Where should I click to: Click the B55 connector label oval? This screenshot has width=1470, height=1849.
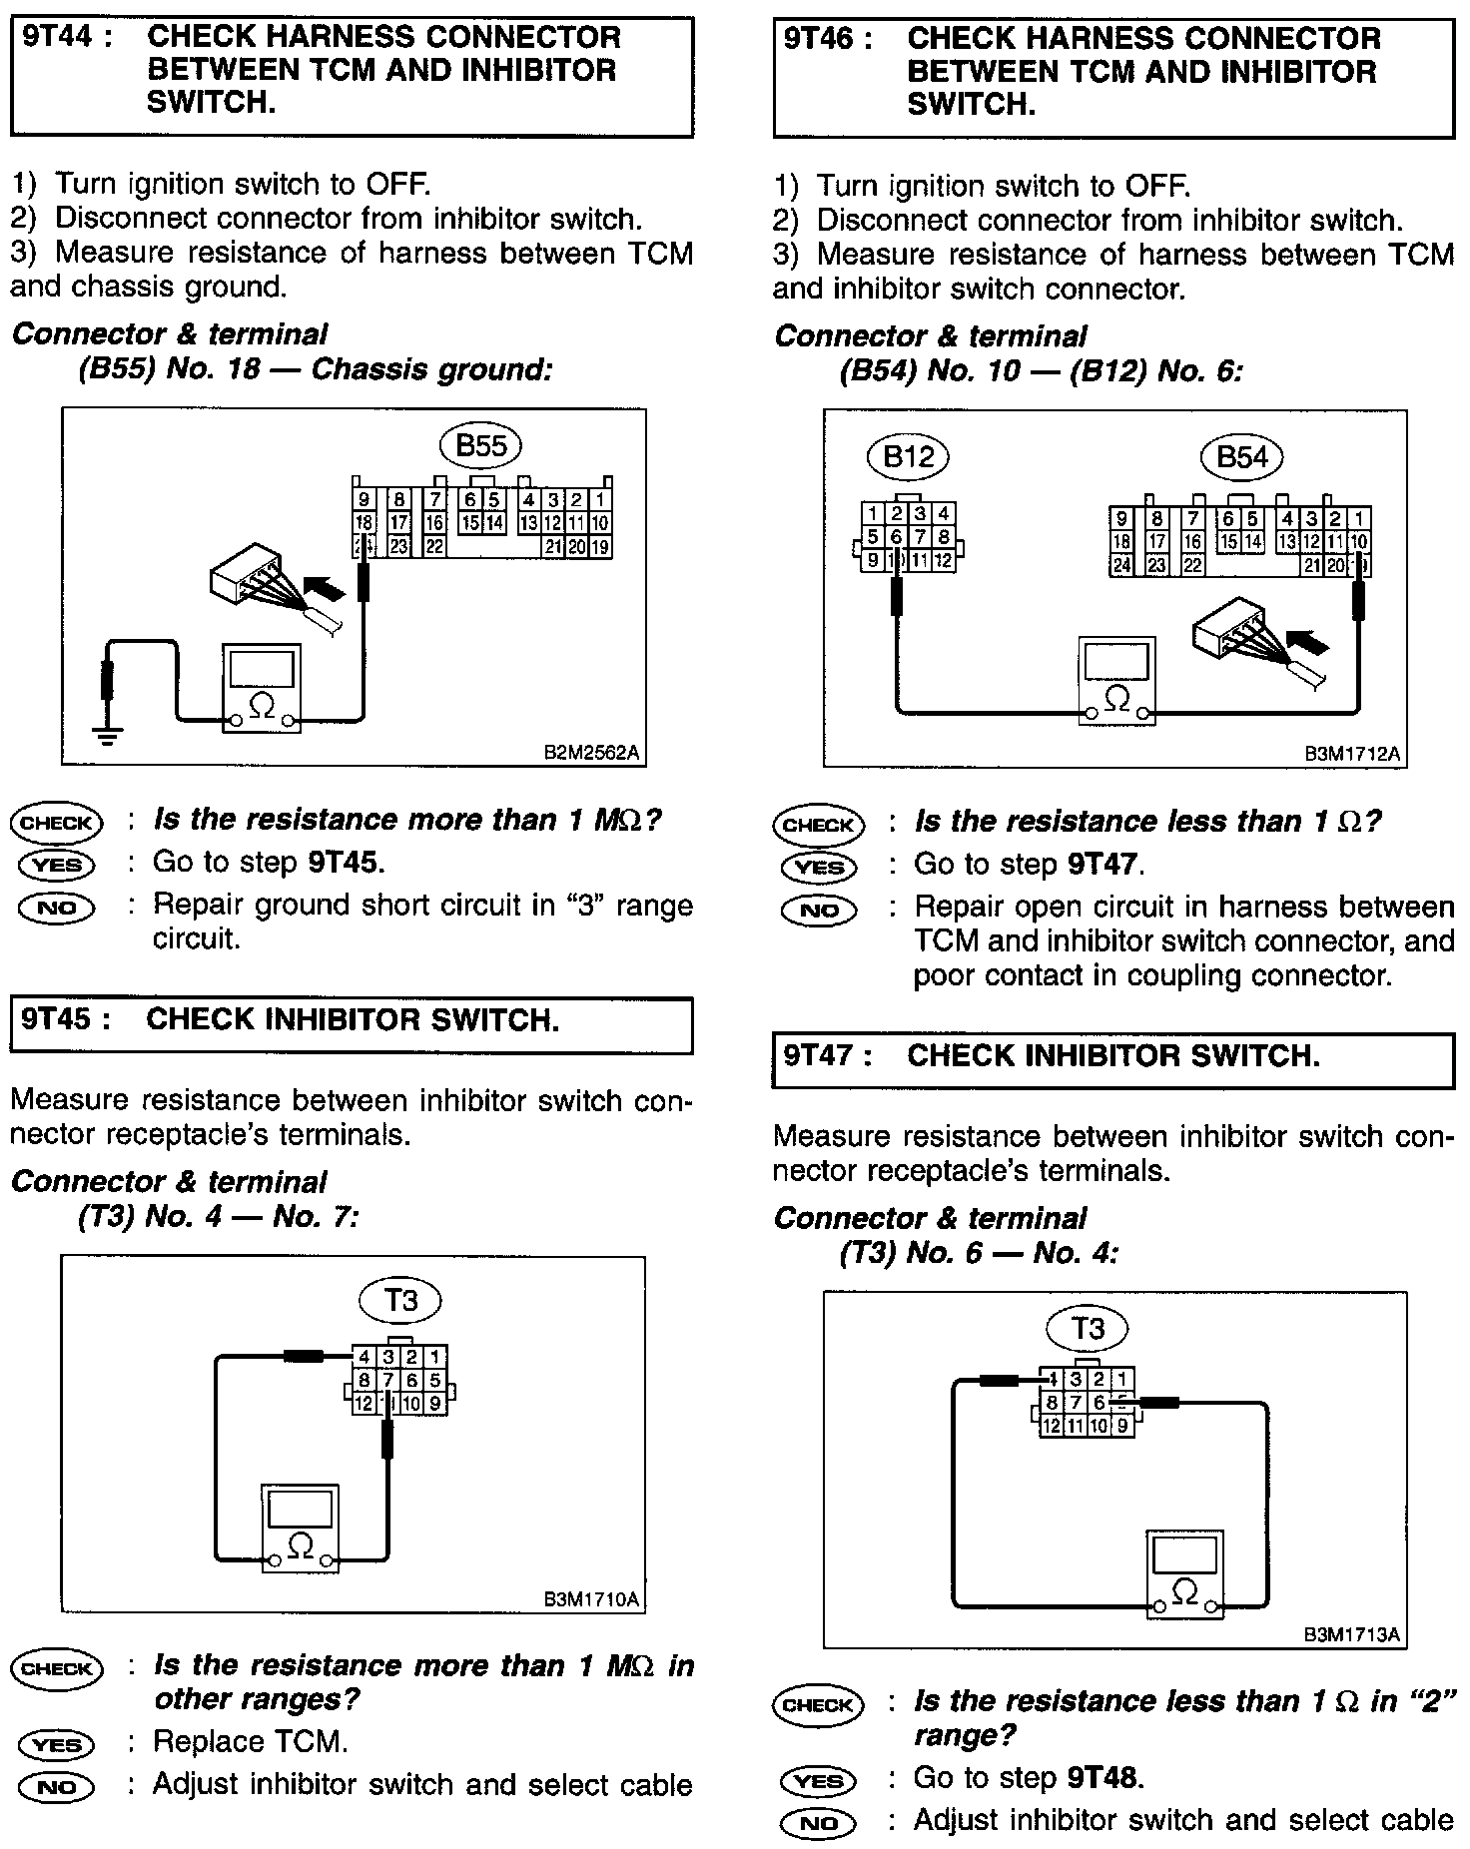(x=481, y=446)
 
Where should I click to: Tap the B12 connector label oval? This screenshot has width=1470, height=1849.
(x=908, y=457)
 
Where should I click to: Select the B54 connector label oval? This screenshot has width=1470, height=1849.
(x=1242, y=457)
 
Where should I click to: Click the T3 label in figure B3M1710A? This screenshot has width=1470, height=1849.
(x=400, y=1300)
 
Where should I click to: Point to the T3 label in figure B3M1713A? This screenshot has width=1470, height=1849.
(x=1088, y=1328)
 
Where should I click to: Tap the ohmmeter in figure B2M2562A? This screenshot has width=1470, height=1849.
(x=261, y=689)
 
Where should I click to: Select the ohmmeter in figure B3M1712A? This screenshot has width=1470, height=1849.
(x=1116, y=679)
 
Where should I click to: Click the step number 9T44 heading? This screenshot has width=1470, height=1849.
(x=57, y=38)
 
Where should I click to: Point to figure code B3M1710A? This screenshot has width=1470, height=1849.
(x=591, y=1598)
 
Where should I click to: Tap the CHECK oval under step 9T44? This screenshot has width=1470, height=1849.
(x=57, y=823)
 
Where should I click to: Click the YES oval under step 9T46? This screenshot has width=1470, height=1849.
(x=820, y=868)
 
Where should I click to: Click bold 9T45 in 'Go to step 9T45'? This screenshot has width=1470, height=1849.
(x=346, y=862)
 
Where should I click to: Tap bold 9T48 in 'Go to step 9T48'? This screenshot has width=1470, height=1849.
(x=1105, y=1777)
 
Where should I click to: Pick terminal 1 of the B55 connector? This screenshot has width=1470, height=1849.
(x=600, y=500)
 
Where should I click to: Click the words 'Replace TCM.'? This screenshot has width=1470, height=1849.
(x=250, y=1742)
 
